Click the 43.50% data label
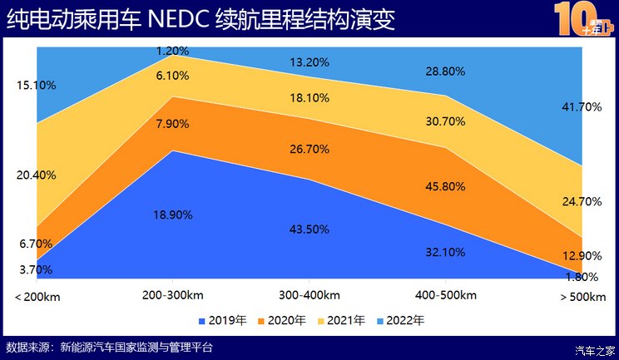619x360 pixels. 309,229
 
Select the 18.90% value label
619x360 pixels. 173,215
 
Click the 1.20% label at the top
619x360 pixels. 173,51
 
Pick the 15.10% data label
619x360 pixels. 36,85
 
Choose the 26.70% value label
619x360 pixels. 309,150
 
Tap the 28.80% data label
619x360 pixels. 445,73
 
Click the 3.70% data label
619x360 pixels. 36,269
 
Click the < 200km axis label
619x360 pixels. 37,296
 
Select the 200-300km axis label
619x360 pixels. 173,296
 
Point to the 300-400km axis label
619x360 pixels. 309,296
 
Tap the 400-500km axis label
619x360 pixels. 445,296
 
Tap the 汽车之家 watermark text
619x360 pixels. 595,349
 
